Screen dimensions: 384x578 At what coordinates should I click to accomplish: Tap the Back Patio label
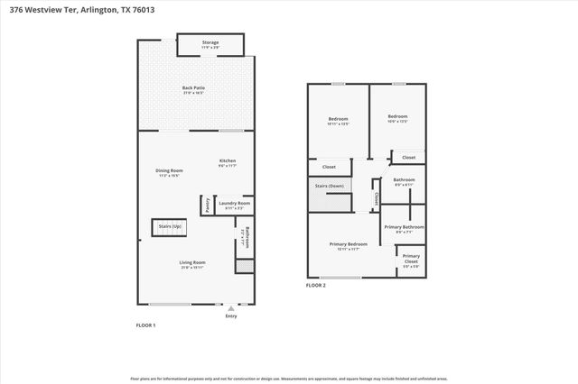click(194, 89)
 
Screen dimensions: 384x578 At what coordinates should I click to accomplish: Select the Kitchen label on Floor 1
click(228, 162)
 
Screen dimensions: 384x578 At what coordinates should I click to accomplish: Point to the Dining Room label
click(170, 171)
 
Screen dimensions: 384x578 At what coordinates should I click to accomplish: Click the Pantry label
click(207, 206)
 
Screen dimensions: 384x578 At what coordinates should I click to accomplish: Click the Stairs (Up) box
click(169, 226)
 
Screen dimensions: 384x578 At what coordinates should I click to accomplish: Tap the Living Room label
click(191, 264)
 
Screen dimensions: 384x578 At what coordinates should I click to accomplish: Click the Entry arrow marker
click(231, 308)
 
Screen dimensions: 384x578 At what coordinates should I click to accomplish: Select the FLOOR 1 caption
click(145, 325)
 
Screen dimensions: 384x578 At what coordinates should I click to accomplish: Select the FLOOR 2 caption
click(315, 285)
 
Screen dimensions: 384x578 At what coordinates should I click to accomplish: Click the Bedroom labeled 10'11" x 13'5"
click(338, 120)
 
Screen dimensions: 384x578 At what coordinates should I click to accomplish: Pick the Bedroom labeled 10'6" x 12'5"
click(398, 118)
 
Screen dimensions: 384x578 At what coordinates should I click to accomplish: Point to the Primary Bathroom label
click(404, 229)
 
